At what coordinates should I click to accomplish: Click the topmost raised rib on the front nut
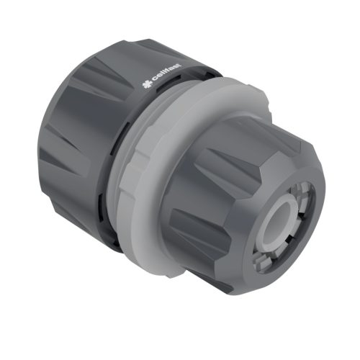pos(238,130)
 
